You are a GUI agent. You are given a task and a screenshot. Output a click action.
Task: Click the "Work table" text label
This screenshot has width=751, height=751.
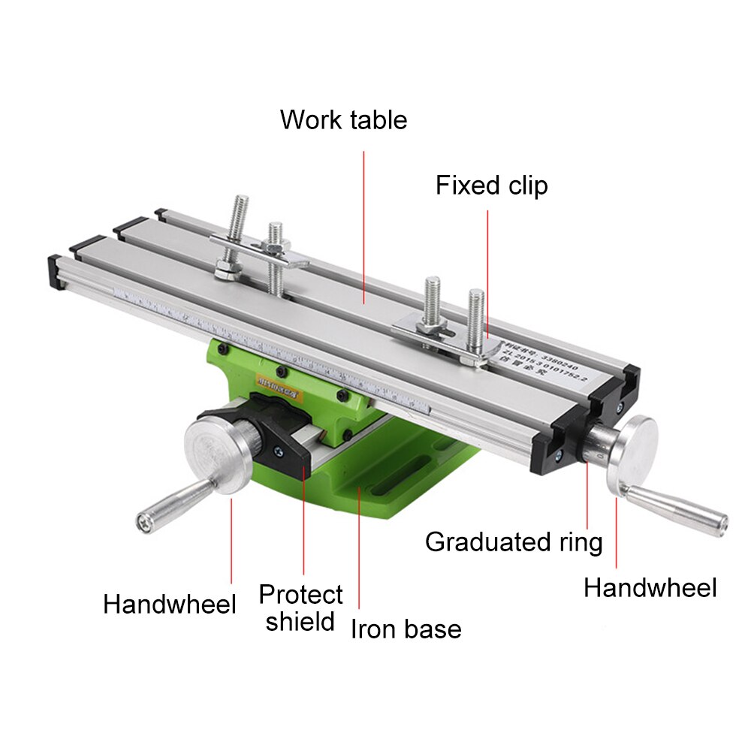click(343, 120)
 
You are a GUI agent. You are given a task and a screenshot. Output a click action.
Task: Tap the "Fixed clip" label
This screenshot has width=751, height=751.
click(492, 185)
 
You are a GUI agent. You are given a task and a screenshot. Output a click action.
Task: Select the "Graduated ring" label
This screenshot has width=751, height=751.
click(514, 541)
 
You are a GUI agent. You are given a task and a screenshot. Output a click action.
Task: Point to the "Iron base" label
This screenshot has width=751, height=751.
click(406, 629)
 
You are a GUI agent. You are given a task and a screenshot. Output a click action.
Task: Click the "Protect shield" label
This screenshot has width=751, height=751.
click(300, 608)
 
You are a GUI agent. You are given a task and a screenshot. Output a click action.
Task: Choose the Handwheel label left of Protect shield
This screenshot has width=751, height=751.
click(170, 604)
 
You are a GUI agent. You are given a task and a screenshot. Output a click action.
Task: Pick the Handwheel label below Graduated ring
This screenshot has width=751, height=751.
click(650, 588)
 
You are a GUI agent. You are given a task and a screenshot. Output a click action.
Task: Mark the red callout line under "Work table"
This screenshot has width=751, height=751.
click(364, 225)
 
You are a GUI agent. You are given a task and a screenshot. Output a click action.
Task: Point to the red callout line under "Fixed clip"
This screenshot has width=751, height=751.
click(487, 270)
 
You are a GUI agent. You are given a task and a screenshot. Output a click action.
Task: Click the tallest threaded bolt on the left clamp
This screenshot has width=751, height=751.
click(240, 225)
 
